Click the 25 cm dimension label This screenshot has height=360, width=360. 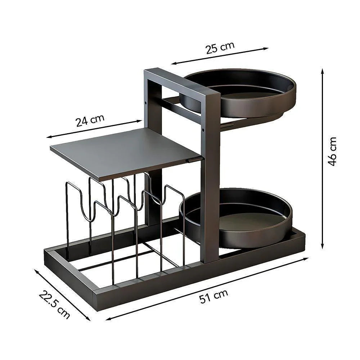(220, 48)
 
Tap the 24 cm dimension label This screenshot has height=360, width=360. (90, 120)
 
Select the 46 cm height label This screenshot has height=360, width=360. (333, 151)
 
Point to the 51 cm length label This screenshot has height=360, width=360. (214, 297)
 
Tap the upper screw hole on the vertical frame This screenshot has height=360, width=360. (146, 102)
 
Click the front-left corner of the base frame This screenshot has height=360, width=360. (96, 299)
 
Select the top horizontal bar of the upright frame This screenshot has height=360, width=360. (182, 82)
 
